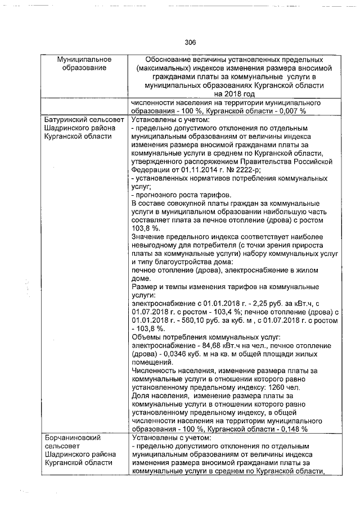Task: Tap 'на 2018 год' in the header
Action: click(x=234, y=93)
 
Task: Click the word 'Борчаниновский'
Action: click(x=72, y=438)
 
